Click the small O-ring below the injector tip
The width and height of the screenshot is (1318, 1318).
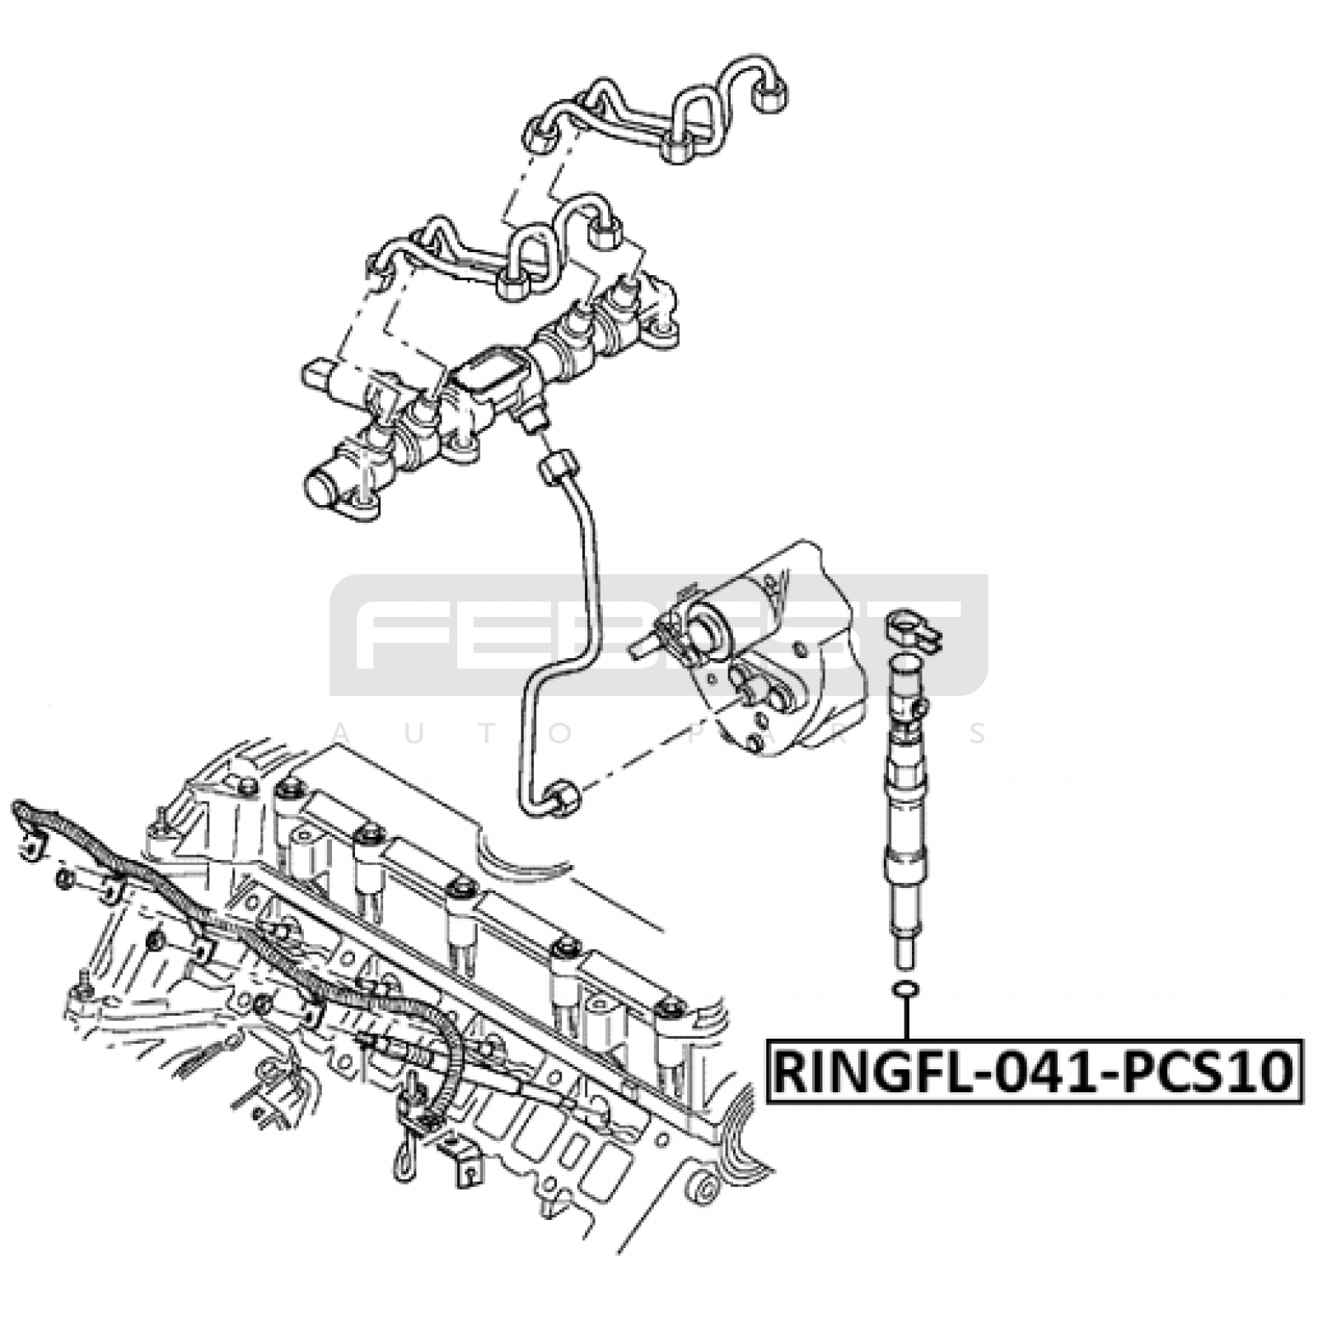point(905,988)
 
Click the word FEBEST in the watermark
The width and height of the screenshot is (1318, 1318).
point(659,634)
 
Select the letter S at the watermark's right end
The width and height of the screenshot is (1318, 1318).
point(977,733)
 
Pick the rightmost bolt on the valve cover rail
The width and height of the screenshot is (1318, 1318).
point(671,1008)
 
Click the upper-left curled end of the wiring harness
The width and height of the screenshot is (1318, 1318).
point(21,811)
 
